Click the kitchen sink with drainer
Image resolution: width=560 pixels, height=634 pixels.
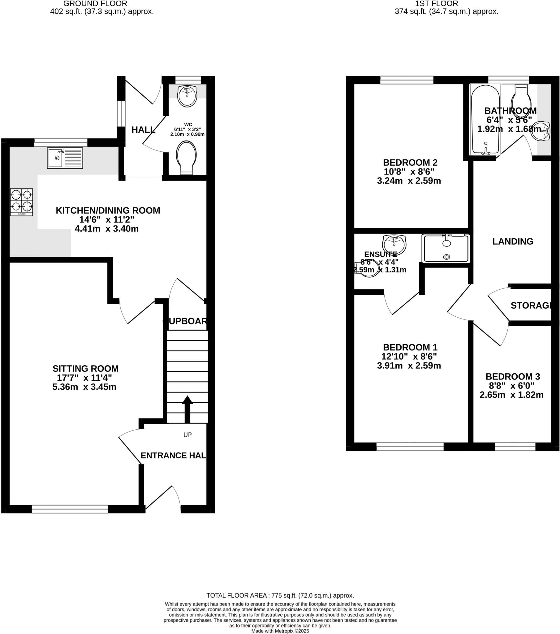point(65,158)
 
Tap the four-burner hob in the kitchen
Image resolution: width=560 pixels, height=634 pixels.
point(21,202)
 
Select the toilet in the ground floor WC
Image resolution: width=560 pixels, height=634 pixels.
point(186,157)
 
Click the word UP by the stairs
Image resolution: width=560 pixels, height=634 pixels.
point(187,435)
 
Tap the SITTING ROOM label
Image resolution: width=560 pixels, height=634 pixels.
point(86,368)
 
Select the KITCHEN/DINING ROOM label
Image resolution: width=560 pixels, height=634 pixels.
point(108,210)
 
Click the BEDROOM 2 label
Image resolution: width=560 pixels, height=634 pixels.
point(410,162)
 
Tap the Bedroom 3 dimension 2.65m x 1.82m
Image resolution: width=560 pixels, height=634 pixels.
point(511,395)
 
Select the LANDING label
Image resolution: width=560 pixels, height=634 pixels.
point(513,241)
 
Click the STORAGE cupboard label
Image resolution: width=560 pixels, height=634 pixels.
point(531,306)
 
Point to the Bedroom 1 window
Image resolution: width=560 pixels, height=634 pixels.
point(410,446)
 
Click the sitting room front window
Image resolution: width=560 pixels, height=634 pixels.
point(70,509)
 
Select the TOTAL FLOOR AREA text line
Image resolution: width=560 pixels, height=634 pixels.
point(280,596)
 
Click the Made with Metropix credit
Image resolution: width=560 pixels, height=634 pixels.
point(280,631)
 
